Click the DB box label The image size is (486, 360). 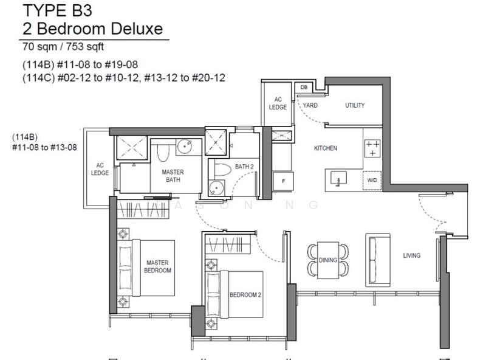(304, 87)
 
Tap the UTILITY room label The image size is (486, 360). (355, 105)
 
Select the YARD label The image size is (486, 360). (310, 105)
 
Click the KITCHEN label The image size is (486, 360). (326, 148)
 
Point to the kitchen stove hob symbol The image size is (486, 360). (372, 148)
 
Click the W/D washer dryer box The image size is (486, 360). (372, 180)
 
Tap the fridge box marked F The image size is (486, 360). (283, 181)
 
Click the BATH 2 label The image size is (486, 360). (244, 167)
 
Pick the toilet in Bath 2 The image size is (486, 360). (223, 170)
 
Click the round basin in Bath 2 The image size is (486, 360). (216, 188)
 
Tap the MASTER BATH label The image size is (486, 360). (173, 176)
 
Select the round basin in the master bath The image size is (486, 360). (185, 146)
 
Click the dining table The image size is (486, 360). (328, 260)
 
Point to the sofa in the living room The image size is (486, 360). (377, 260)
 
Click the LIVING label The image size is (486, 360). (412, 255)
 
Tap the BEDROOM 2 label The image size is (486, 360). (245, 294)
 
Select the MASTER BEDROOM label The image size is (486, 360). (157, 266)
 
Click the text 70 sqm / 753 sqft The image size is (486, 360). (63, 47)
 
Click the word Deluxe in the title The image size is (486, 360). (137, 29)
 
